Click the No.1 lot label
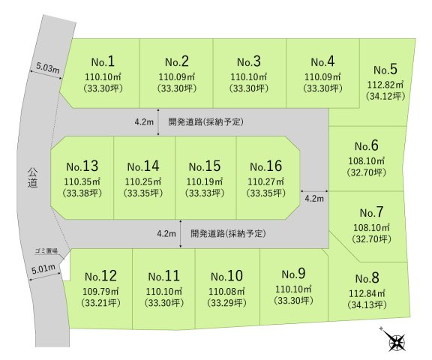click(x=102, y=61)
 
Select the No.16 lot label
click(x=266, y=166)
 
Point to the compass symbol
click(x=396, y=342)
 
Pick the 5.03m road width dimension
click(x=46, y=68)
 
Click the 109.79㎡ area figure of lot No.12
click(x=100, y=290)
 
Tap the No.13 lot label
click(x=82, y=166)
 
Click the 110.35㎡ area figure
click(x=82, y=181)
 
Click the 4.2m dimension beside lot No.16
click(x=313, y=199)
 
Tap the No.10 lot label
click(x=226, y=276)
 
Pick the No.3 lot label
click(x=249, y=61)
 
